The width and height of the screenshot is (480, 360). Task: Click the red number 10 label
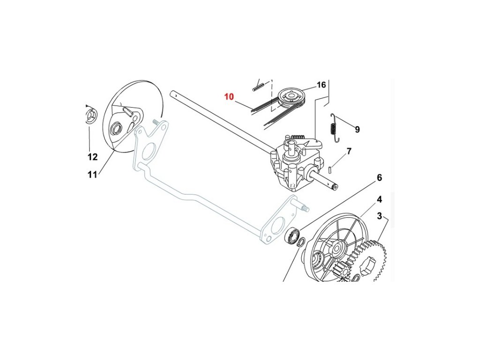point(229,97)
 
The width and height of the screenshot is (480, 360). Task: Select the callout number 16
point(321,85)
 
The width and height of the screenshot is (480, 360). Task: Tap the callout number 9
point(357,129)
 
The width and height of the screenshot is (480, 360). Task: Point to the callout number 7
point(349,151)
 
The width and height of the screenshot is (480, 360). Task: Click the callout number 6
point(379,178)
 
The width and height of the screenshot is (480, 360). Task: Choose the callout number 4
point(379,199)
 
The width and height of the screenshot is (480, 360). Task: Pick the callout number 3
point(380,216)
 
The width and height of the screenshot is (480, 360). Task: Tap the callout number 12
point(92,157)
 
